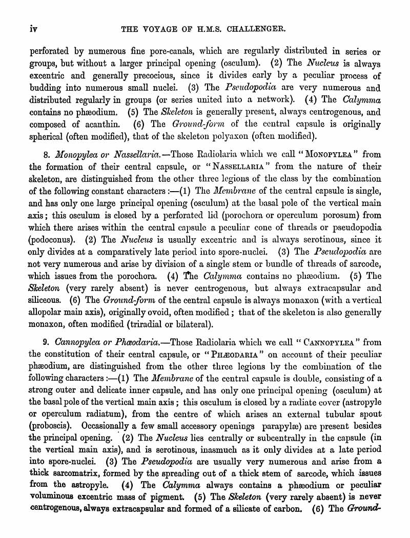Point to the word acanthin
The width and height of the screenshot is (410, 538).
coord(99,125)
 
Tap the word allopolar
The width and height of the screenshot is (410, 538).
coord(50,312)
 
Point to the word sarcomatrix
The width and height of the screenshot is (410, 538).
coord(77,473)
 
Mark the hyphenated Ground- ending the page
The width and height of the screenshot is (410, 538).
coord(364,509)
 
